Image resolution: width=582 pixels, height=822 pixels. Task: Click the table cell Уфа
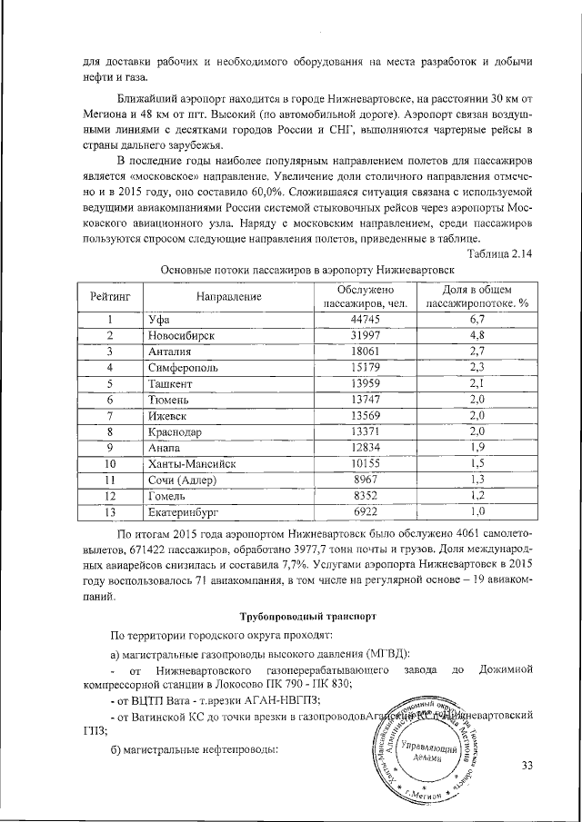coord(159,319)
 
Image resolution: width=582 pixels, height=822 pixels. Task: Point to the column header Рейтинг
coord(110,296)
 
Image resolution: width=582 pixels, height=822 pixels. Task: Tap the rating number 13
coord(110,512)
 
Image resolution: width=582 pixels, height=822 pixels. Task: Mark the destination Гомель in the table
coord(166,496)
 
